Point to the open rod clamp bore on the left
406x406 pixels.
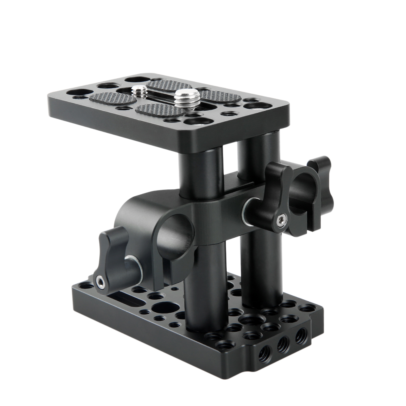pyautogui.click(x=175, y=232)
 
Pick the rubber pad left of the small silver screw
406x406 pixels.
pyautogui.click(x=109, y=98)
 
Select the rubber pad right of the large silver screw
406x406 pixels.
pyautogui.click(x=219, y=97)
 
